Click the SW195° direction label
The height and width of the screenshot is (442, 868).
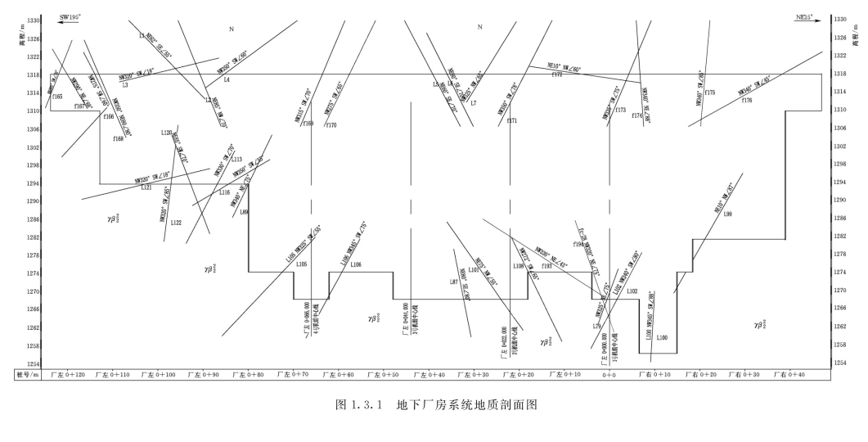(69, 16)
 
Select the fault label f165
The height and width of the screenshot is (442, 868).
(57, 97)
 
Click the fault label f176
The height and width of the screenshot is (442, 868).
(747, 100)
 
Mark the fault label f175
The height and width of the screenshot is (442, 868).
(709, 93)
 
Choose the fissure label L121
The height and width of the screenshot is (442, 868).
(146, 187)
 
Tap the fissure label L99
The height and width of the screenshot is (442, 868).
(727, 214)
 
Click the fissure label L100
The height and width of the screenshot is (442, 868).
(662, 337)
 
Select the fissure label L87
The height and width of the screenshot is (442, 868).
(454, 282)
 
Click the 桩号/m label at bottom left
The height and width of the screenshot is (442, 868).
(28, 375)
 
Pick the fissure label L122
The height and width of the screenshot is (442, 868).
(176, 223)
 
